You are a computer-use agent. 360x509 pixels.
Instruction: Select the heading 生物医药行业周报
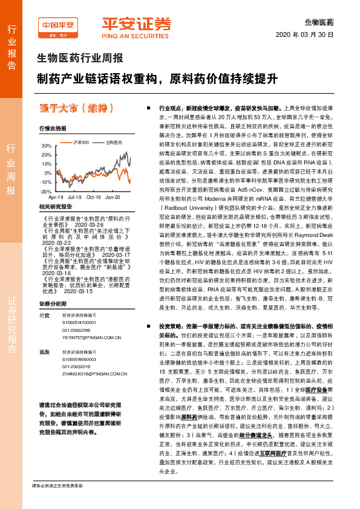pos(80,59)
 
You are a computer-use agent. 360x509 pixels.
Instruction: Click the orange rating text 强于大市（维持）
pos(76,108)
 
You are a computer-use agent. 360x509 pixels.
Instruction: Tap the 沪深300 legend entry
pos(80,142)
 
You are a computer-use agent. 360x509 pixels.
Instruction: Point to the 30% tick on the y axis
pos(47,146)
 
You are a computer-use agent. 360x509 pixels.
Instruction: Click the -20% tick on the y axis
pos(45,191)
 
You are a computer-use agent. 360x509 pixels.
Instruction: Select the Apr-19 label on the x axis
pos(56,197)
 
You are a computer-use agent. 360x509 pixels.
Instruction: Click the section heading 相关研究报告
pos(56,206)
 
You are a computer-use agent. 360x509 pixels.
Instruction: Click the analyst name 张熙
pos(44,351)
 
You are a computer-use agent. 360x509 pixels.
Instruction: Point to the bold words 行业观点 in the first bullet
pos(171,106)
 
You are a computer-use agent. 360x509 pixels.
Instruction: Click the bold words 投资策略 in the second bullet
pos(171,325)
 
